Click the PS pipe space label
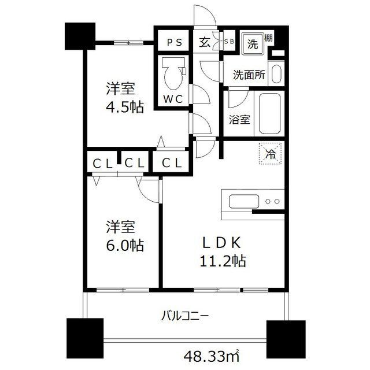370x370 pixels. coord(173,42)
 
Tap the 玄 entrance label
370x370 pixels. coord(205,42)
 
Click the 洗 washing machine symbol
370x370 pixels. coord(253,42)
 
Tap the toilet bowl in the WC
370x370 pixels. coord(171,72)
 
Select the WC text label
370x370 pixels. coord(172,99)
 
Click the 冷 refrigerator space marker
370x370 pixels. coord(269,154)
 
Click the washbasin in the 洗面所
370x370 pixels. coord(276,74)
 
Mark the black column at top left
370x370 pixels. coord(80,36)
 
